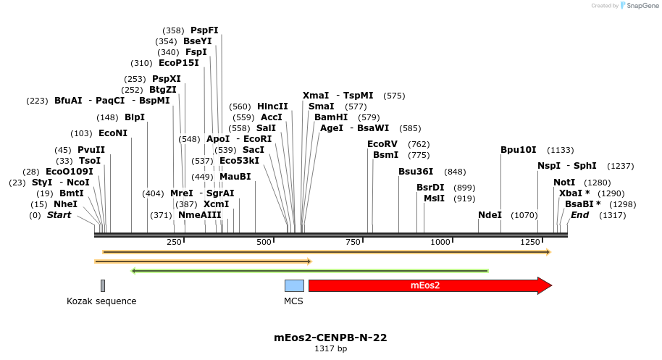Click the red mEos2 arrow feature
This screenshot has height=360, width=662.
427,285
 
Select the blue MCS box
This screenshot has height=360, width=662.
294,285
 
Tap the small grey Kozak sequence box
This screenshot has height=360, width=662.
103,285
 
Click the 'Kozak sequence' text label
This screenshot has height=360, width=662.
101,301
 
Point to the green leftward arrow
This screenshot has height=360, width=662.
309,271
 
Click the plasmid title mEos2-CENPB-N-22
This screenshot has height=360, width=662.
330,338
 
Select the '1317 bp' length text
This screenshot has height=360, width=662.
330,348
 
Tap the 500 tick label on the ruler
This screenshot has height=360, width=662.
264,241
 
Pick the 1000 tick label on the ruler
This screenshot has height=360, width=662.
441,241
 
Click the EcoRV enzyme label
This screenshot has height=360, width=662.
382,144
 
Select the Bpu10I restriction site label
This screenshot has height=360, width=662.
519,150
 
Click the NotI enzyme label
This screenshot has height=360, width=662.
564,183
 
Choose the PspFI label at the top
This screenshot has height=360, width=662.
204,30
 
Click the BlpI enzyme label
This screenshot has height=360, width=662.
135,117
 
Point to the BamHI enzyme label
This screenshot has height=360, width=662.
331,117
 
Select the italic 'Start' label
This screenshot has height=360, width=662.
59,215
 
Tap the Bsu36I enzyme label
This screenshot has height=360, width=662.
416,172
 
